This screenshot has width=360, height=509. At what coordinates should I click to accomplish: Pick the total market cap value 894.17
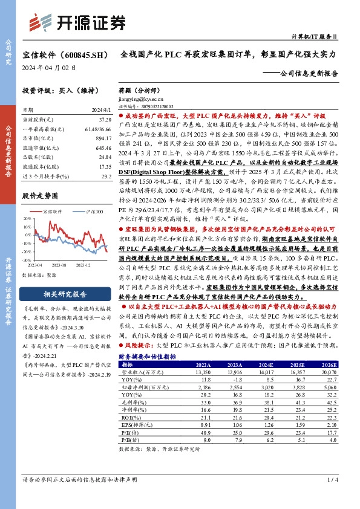point(102,138)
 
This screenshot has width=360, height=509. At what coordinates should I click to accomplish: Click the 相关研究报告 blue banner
point(64,296)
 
